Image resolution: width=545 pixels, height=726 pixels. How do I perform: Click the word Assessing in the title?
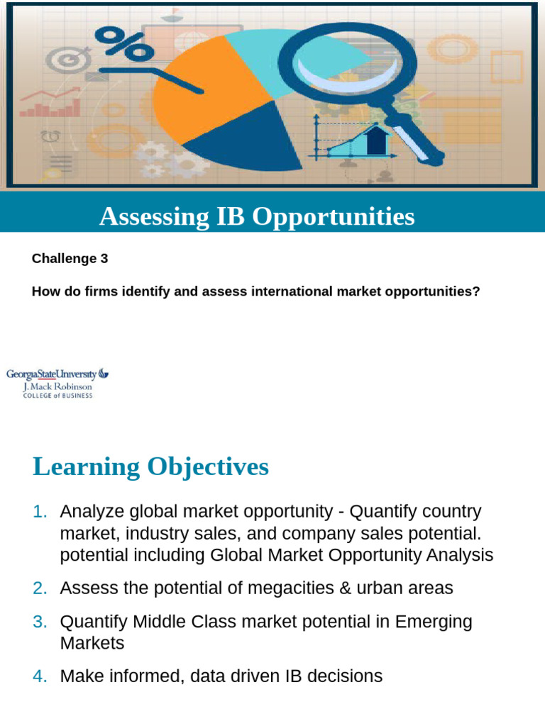pos(145,216)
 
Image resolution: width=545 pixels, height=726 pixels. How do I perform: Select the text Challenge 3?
pos(70,259)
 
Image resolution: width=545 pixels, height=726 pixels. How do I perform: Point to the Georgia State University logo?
pos(57,383)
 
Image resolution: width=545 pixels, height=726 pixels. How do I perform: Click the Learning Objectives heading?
pos(150,467)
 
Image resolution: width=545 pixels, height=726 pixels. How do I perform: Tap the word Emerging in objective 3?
pos(434,622)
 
